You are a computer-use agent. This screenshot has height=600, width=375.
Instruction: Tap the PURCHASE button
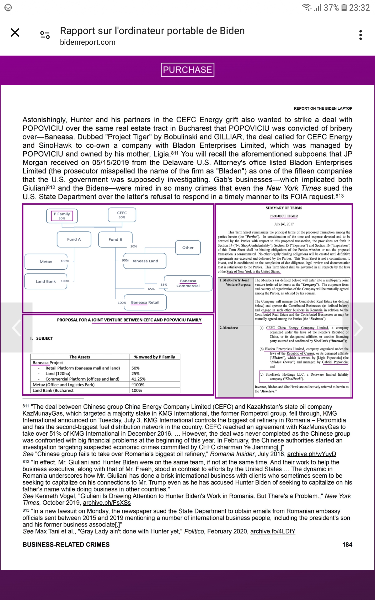[187, 70]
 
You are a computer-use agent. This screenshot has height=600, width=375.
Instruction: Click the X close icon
[15, 32]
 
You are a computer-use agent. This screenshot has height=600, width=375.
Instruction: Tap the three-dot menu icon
[361, 35]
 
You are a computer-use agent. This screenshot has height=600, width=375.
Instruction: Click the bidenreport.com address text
[88, 42]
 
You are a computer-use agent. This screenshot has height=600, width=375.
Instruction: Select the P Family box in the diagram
[62, 216]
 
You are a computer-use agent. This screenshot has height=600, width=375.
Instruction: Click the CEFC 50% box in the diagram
[122, 215]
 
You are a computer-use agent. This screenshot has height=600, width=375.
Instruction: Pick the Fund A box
[74, 239]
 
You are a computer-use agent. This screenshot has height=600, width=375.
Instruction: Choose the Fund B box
[115, 239]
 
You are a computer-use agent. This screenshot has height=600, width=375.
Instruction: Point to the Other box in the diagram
[188, 247]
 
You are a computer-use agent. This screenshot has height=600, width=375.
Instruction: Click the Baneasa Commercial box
[188, 283]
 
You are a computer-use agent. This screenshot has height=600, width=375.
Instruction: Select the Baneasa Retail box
[145, 302]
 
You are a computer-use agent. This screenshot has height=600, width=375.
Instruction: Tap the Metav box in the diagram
[46, 262]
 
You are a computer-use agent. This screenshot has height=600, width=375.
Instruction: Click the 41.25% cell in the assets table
[138, 379]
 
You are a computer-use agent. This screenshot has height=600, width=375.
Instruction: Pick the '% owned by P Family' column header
[154, 357]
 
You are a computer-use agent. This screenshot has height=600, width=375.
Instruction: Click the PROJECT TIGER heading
[284, 216]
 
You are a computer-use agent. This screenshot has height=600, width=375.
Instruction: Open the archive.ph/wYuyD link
[312, 454]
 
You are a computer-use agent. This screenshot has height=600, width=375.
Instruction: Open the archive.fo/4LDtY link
[272, 531]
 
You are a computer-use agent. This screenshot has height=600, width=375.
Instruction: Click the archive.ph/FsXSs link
[107, 503]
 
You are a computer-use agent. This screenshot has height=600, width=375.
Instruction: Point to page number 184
[347, 545]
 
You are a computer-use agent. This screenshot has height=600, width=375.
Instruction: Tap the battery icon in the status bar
[344, 7]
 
